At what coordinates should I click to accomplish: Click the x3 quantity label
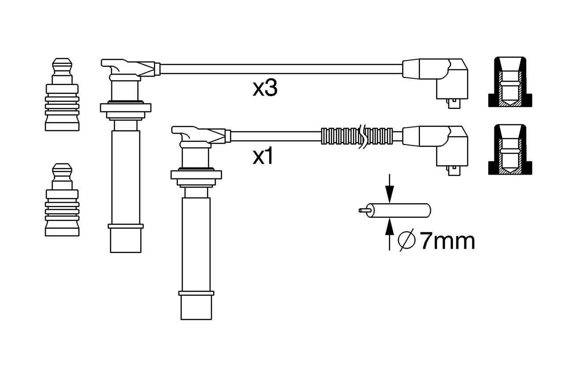[x=265, y=89]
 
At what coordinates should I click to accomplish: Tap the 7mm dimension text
[x=447, y=241]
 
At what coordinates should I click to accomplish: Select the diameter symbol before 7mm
[x=407, y=241]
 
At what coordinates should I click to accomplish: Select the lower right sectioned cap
[x=510, y=149]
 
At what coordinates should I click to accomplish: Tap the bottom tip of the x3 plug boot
[x=125, y=241]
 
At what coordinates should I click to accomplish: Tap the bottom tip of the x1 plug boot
[x=196, y=307]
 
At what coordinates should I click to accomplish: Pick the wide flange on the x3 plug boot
[x=125, y=107]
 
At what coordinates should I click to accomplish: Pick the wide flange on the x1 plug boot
[x=196, y=174]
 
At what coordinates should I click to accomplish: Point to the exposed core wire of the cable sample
[x=363, y=210]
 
